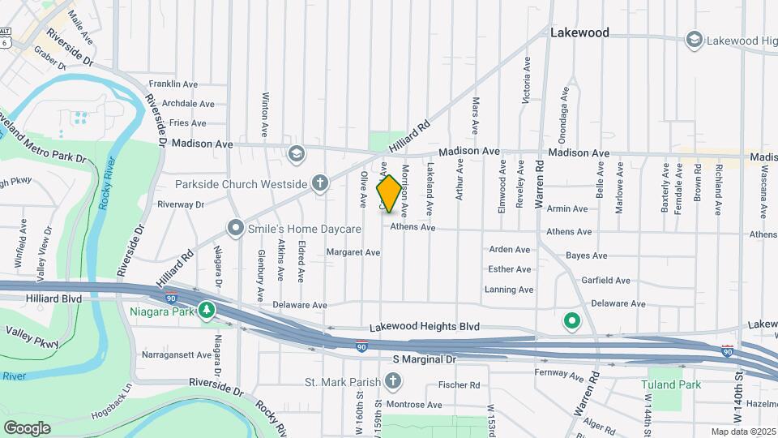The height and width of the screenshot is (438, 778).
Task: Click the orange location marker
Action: click(x=389, y=194)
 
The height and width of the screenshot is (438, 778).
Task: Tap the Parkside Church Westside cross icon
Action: click(x=320, y=183)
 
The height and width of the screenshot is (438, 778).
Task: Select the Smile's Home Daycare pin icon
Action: click(x=236, y=229)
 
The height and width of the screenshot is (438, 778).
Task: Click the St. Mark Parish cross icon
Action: click(x=392, y=381)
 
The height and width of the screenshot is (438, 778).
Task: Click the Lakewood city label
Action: click(x=579, y=33)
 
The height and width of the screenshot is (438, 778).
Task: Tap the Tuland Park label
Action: click(x=671, y=384)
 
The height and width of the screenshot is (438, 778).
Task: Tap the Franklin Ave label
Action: click(x=173, y=84)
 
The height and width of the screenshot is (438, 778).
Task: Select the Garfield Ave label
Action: click(x=605, y=281)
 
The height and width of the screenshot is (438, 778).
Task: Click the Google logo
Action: click(x=28, y=427)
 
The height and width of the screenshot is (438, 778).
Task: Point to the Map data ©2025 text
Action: click(x=743, y=432)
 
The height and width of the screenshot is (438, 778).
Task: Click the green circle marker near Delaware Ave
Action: click(x=571, y=321)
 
